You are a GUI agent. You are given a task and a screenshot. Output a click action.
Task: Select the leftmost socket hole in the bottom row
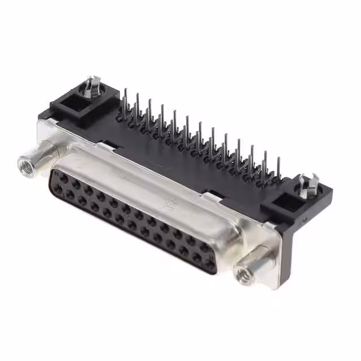pos(58,190)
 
